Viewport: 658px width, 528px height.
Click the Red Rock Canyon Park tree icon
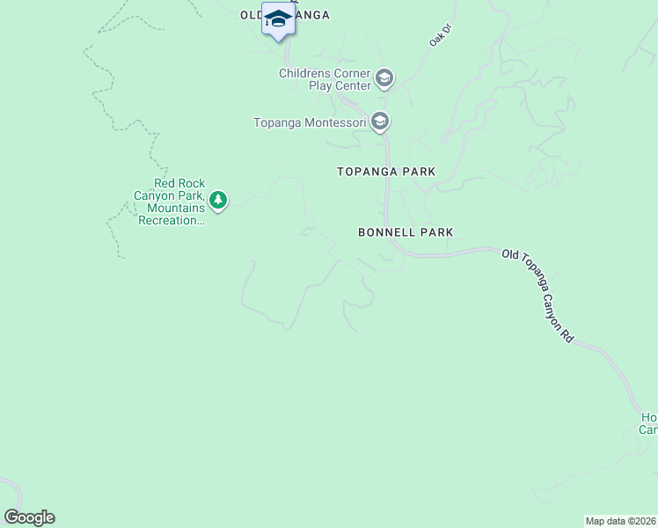(x=218, y=202)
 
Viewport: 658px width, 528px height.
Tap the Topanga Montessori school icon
(x=380, y=122)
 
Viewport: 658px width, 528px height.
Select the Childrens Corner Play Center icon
(x=384, y=79)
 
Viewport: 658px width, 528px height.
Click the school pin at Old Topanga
(x=278, y=19)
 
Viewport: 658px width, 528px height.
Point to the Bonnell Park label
(x=406, y=232)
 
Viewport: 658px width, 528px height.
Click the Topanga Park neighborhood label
(x=386, y=172)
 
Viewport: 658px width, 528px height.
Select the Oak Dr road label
(x=439, y=39)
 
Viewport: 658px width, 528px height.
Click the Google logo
(x=29, y=517)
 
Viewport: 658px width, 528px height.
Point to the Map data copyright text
(x=620, y=521)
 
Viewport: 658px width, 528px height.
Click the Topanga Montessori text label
(x=309, y=123)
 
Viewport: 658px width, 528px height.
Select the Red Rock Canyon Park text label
(x=173, y=202)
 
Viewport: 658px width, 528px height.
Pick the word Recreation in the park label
(x=172, y=220)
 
